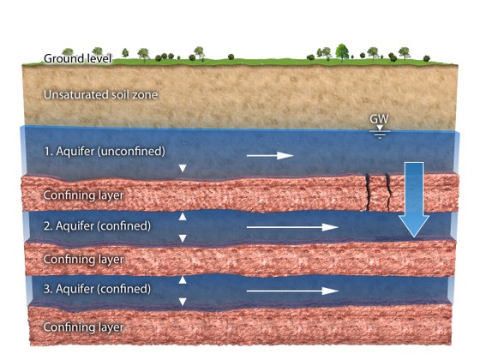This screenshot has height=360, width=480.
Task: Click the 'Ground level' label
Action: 78,58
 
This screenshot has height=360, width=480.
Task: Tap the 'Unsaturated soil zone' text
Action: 101,95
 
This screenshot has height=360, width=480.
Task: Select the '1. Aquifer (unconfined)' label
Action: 105,151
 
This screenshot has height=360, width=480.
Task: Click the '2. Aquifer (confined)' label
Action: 98,226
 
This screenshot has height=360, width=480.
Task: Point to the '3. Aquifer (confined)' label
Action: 98,289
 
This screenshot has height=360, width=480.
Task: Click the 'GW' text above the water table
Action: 379,119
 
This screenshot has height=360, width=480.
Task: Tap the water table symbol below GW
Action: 380,132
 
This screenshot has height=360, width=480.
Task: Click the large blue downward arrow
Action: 414,200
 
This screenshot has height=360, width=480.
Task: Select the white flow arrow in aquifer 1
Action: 270,155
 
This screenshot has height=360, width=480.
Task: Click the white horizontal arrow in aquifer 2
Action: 292,227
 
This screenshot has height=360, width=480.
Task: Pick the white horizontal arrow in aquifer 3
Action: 292,291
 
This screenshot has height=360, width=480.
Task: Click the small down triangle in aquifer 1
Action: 183,168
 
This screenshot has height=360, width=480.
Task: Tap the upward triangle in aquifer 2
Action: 183,216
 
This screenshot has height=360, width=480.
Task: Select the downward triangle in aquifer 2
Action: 183,238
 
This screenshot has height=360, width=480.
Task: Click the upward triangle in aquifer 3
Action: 183,279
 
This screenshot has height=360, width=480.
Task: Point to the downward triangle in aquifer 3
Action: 183,302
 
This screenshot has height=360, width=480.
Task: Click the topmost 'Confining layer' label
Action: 84,195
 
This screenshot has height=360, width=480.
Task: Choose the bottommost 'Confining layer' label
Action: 84,327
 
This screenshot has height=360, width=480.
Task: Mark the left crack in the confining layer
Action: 367,192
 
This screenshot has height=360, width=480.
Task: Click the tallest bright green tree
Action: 342,52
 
